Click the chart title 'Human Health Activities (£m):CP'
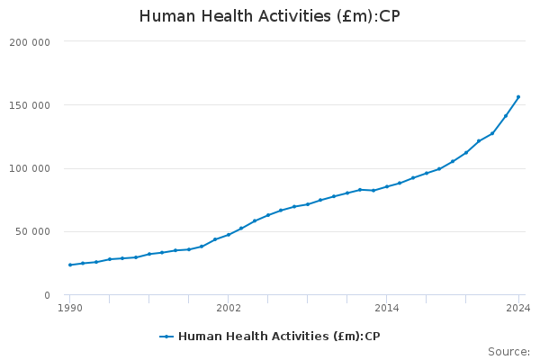click(x=269, y=16)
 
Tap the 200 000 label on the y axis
click(x=32, y=42)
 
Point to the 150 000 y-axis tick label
click(x=32, y=105)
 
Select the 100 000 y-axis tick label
click(x=32, y=168)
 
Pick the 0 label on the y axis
click(x=47, y=295)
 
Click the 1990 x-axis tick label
click(x=70, y=308)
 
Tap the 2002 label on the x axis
click(x=229, y=308)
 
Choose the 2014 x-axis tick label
click(x=387, y=308)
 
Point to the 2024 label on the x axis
click(x=518, y=308)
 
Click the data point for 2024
click(x=518, y=97)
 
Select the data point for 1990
click(x=70, y=265)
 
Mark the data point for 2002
click(x=229, y=235)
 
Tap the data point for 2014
click(x=387, y=186)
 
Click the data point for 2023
click(x=506, y=115)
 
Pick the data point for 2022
click(x=492, y=133)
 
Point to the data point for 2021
click(x=479, y=141)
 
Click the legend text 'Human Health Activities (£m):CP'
click(x=279, y=337)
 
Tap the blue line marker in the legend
click(x=166, y=337)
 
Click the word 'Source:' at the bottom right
click(x=508, y=352)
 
